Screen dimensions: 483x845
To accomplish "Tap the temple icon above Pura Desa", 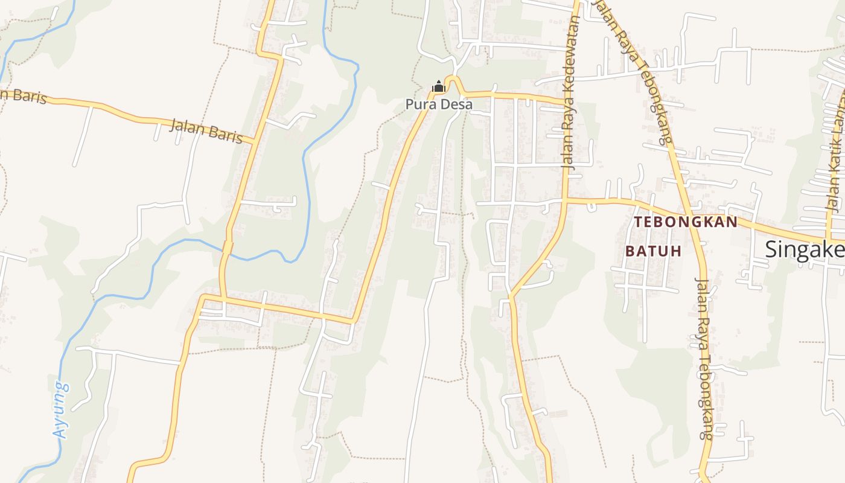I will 439,88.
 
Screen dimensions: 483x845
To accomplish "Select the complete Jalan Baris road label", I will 206,131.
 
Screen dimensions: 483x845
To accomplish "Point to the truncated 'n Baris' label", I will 23,96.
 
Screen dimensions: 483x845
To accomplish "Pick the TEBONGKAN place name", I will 686,222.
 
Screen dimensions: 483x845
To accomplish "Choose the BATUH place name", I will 653,251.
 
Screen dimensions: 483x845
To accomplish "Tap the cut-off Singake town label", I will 805,249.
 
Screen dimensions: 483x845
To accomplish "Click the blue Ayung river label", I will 61,409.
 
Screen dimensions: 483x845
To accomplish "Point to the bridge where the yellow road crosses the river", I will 228,248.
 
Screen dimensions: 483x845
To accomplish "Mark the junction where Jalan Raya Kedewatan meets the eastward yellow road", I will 566,199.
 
